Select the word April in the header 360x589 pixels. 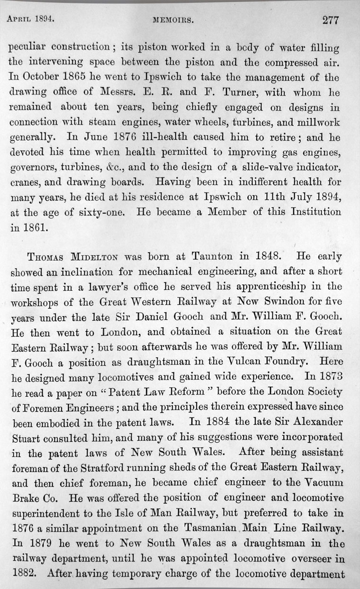tap(20, 20)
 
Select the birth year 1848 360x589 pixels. tap(268, 257)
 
